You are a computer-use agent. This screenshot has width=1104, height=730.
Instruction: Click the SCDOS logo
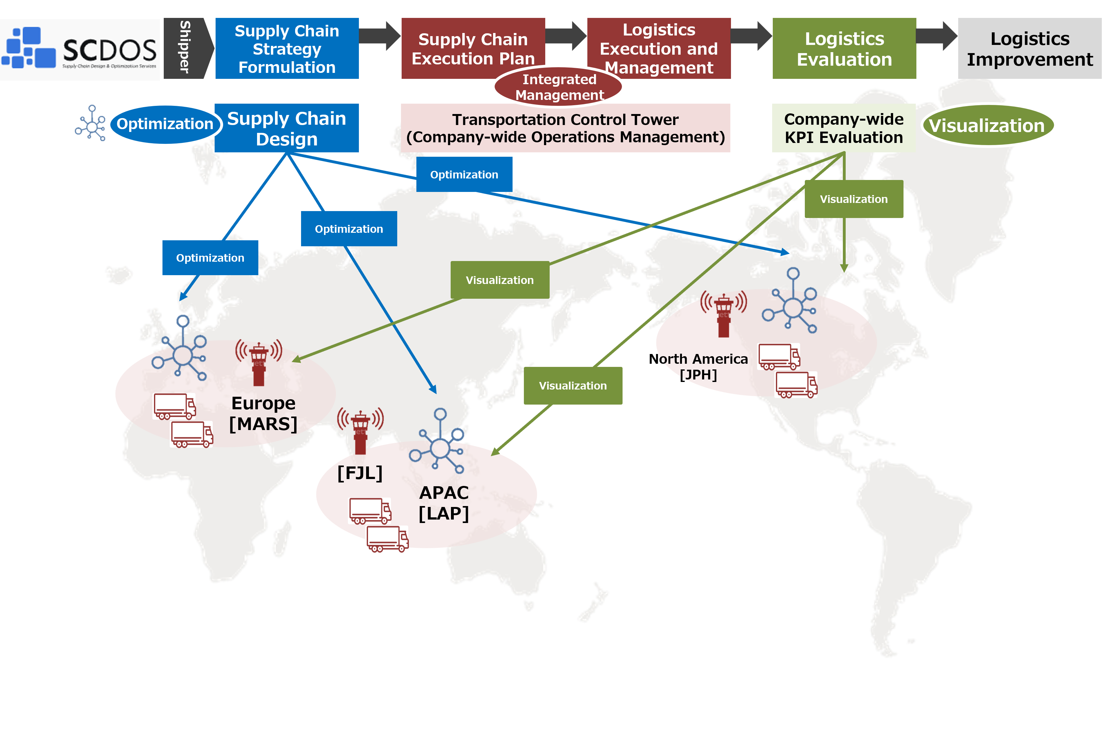[80, 49]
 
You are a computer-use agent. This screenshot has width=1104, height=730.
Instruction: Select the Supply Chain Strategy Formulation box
[287, 48]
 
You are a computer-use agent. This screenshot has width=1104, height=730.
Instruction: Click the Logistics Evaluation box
[844, 48]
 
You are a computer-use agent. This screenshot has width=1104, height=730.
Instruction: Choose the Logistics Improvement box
[1030, 48]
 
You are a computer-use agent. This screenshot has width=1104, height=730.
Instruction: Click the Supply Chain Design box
[287, 128]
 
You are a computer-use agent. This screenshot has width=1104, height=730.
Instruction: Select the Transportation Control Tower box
[565, 128]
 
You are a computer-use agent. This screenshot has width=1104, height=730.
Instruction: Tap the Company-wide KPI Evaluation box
[843, 128]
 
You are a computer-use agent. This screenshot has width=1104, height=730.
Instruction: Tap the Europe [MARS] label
[263, 413]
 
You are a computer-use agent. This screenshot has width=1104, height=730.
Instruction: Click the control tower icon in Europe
[259, 363]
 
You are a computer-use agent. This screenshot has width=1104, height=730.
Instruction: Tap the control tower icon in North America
[723, 314]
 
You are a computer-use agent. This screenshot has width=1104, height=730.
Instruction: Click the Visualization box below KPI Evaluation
[854, 199]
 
